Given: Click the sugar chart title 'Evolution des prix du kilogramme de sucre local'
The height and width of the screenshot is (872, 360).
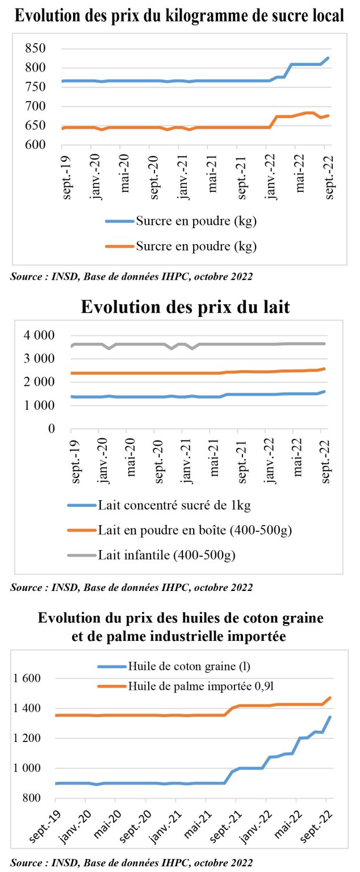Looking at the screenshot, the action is tap(179, 16).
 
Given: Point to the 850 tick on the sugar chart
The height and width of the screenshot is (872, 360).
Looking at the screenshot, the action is tap(35, 48).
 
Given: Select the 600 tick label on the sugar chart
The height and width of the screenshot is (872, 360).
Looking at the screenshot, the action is tap(35, 144).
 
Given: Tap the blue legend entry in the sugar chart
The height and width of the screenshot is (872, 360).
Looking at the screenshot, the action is tap(181, 221).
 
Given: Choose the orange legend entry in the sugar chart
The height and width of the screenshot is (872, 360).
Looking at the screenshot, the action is tap(181, 246).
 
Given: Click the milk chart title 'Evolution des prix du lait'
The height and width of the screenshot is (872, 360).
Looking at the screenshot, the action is tap(185, 307).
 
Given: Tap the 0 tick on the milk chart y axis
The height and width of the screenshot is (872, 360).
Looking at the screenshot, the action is tap(52, 429).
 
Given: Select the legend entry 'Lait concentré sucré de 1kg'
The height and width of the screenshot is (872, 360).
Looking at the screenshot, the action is tap(159, 505).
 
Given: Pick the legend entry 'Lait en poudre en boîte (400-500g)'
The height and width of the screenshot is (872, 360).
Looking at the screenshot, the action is tap(180, 530).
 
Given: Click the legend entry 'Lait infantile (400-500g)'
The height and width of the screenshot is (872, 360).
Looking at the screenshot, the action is tap(152, 555).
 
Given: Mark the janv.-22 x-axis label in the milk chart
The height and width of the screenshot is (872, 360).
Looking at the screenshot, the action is tap(269, 461).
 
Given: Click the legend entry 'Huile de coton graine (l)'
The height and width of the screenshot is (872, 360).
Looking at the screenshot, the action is tap(174, 666).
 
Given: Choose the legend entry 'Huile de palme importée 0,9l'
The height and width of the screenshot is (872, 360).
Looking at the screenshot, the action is tap(186, 686).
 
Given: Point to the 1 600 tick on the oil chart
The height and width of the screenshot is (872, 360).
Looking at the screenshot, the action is tap(27, 678).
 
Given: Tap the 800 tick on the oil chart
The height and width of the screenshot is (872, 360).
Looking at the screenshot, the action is tap(31, 798).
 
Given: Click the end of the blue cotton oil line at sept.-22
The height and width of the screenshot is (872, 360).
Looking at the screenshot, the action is tap(330, 717).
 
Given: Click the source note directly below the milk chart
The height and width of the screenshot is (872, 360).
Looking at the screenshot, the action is tap(132, 588).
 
